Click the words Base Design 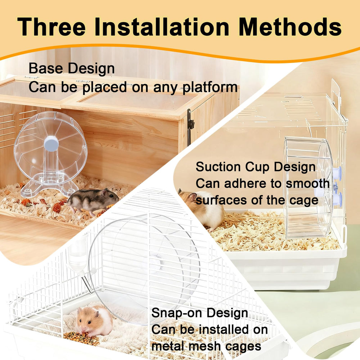click(x=72, y=68)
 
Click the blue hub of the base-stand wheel click(x=51, y=143)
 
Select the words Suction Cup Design click(x=256, y=167)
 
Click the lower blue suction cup click(x=337, y=199)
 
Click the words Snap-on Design click(x=199, y=313)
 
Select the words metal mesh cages click(x=206, y=346)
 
